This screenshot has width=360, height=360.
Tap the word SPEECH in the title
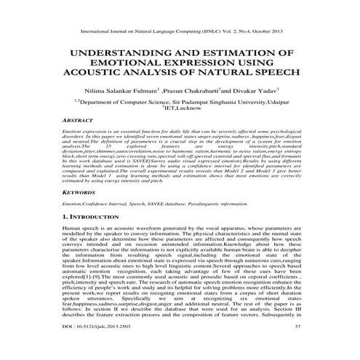[272, 73]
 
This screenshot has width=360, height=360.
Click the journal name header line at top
[179, 33]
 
